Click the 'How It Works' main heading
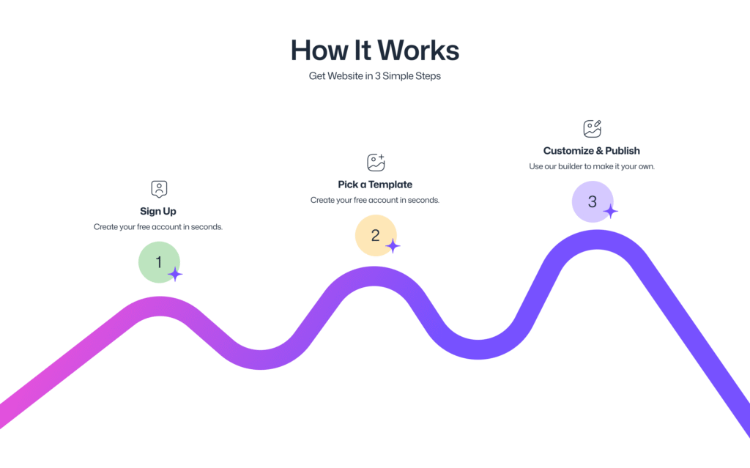375,51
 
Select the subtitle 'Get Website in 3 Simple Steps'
374,76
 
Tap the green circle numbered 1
159,262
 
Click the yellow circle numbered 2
376,235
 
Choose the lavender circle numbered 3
592,201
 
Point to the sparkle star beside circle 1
175,274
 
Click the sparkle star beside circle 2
393,246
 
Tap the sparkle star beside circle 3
610,211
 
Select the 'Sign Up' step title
158,211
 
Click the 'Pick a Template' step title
375,185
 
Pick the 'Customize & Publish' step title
591,151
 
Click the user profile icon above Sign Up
159,189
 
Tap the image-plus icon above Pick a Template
376,162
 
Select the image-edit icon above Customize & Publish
592,129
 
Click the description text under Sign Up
158,227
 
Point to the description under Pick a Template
374,200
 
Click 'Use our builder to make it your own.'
592,166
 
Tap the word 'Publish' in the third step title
623,151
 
